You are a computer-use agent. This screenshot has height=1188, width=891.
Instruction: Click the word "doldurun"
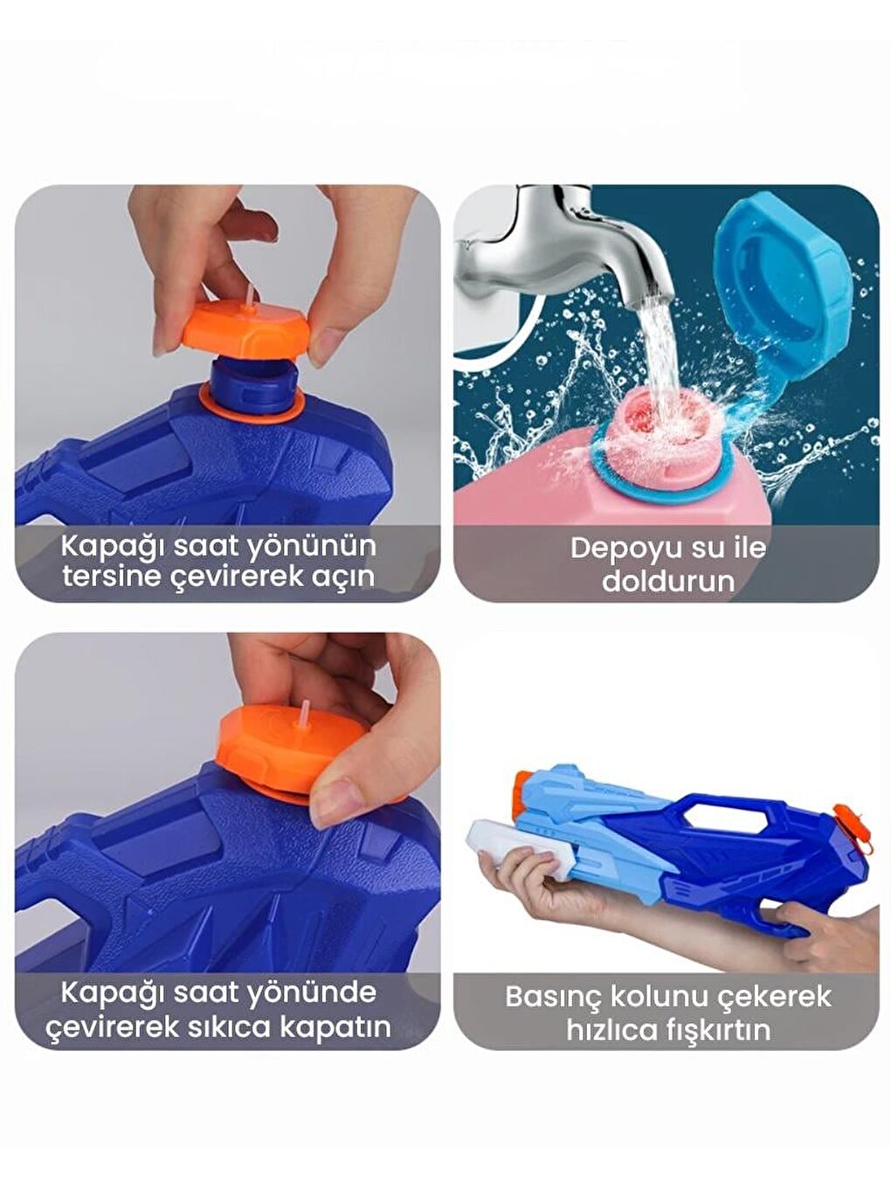(668, 581)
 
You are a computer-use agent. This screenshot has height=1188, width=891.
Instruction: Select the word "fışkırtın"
(714, 1030)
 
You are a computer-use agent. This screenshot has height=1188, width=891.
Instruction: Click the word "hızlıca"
(608, 1030)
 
